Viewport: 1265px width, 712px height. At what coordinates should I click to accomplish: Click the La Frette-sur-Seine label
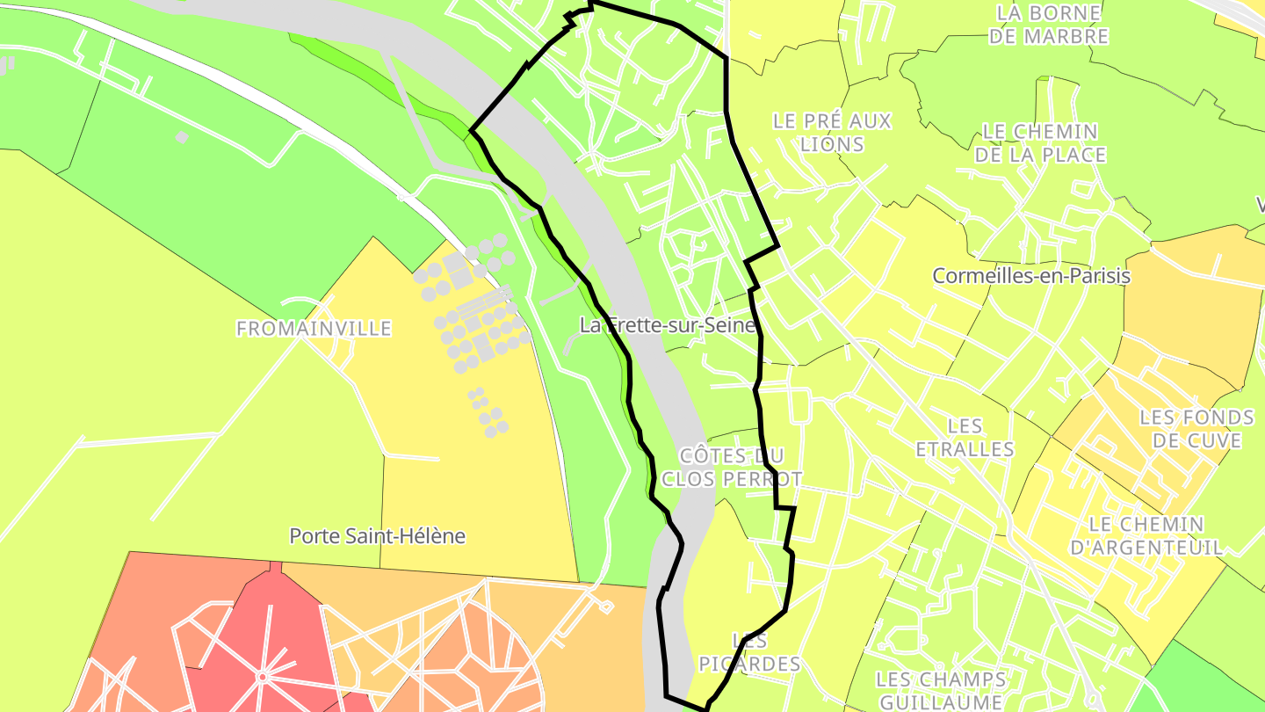[667, 325]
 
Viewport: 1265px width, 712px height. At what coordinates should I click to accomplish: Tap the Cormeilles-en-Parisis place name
[1030, 276]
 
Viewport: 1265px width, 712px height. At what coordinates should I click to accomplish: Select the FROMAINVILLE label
[314, 329]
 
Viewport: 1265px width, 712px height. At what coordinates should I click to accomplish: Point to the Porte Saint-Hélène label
[377, 535]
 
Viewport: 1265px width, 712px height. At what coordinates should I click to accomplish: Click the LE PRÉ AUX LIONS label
[832, 133]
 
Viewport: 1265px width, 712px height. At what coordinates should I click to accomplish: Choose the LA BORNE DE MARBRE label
[1048, 25]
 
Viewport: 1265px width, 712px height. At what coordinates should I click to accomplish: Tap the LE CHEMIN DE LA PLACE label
[1039, 143]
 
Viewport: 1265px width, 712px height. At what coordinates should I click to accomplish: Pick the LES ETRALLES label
[965, 438]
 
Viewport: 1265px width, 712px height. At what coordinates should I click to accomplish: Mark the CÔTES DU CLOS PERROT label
[732, 467]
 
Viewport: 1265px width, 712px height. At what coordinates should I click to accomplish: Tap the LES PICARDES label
[749, 652]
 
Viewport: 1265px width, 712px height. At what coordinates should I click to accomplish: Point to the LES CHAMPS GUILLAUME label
[941, 691]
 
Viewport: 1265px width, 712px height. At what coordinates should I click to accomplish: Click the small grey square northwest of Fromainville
[181, 137]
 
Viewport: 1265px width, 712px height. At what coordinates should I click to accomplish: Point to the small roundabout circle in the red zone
[261, 677]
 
